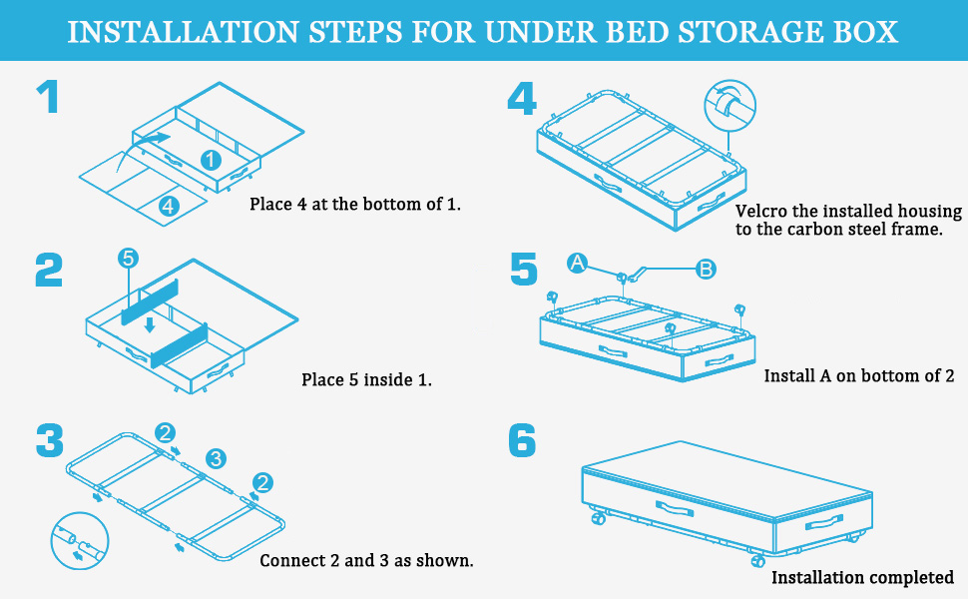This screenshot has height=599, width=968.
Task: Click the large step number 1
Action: pyautogui.click(x=48, y=96)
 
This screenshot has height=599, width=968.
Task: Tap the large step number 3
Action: pyautogui.click(x=49, y=440)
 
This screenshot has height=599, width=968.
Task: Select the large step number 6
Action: pyautogui.click(x=522, y=440)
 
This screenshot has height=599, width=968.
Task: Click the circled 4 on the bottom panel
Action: pyautogui.click(x=169, y=206)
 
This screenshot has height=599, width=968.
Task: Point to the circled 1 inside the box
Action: pyautogui.click(x=212, y=160)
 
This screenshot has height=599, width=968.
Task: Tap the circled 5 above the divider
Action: pyautogui.click(x=128, y=259)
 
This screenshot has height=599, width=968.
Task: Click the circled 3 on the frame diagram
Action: pyautogui.click(x=216, y=459)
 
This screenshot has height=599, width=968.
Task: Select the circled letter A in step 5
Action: pyautogui.click(x=577, y=264)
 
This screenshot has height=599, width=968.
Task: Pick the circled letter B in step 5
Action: pyautogui.click(x=706, y=270)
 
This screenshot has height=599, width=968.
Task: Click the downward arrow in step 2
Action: pyautogui.click(x=150, y=324)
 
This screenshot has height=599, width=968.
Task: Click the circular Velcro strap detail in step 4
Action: pyautogui.click(x=729, y=106)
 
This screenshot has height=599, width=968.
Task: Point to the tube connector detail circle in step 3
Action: pyautogui.click(x=80, y=541)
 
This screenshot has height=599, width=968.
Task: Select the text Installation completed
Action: pyautogui.click(x=862, y=578)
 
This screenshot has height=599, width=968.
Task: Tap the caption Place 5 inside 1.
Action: pyautogui.click(x=366, y=379)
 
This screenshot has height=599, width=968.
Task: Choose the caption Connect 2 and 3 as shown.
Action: pyautogui.click(x=366, y=560)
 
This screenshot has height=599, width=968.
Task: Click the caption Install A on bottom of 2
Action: pyautogui.click(x=859, y=375)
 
